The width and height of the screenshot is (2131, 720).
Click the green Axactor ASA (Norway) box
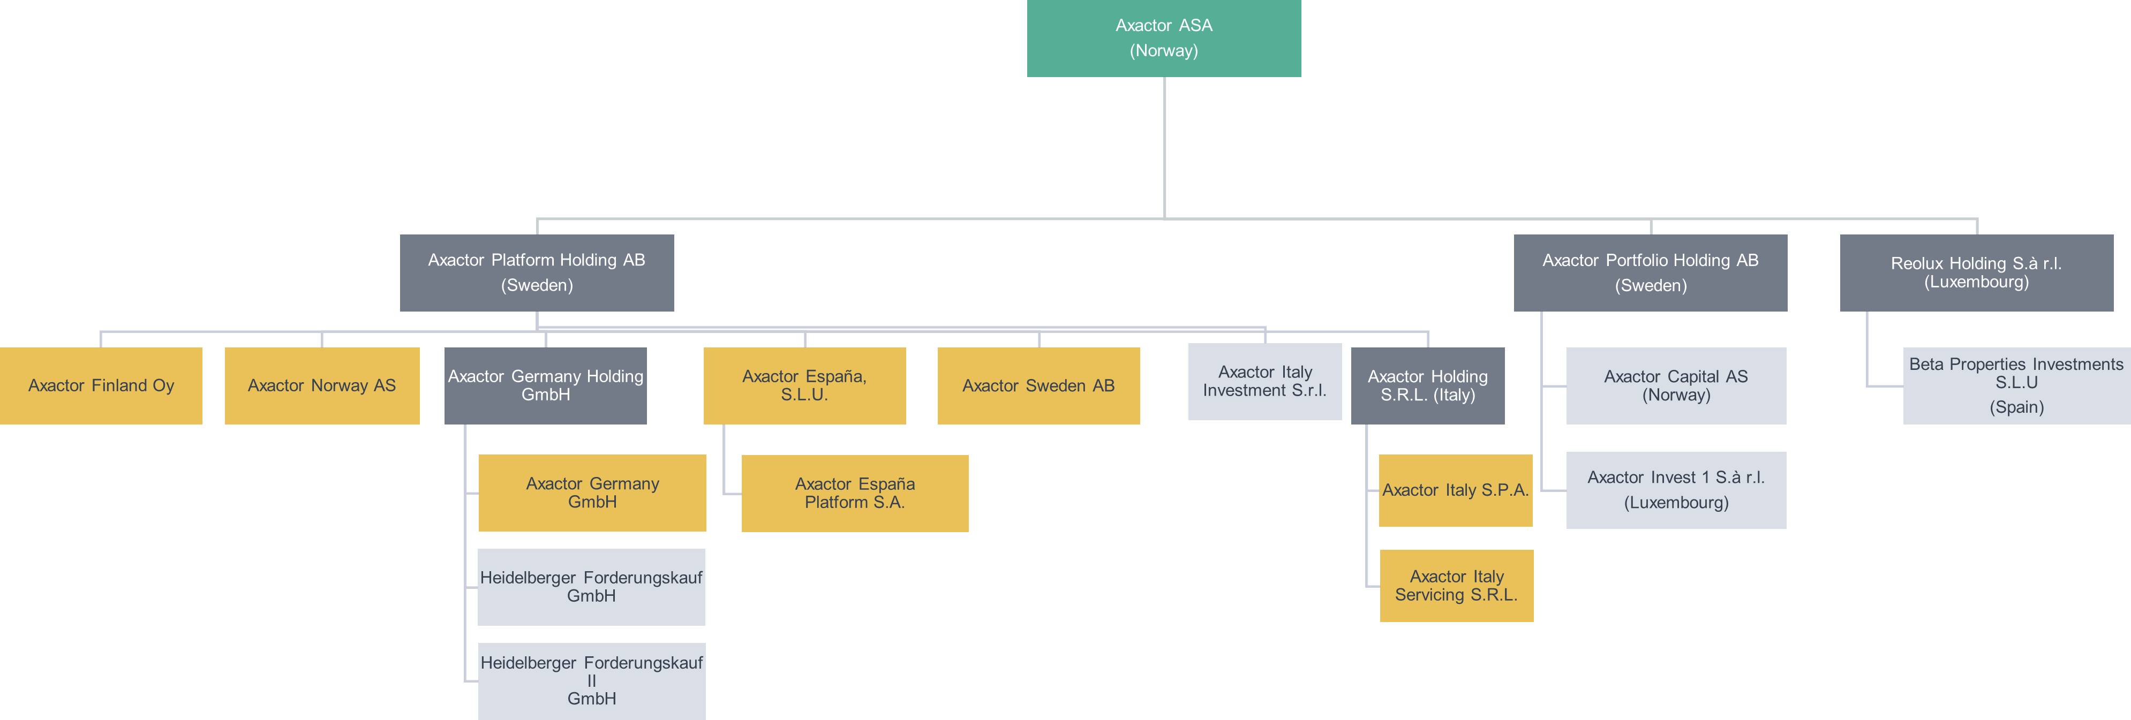point(1163,38)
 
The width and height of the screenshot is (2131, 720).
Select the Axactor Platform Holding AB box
point(536,273)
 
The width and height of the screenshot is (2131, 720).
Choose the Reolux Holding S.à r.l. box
point(1976,273)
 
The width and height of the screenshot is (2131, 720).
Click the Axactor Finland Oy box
point(101,385)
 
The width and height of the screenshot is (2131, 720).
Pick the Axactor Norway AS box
point(322,385)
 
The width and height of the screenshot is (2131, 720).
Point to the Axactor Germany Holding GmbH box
point(545,385)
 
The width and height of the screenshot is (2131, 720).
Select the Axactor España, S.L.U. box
point(804,385)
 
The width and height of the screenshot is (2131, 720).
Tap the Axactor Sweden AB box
point(1038,385)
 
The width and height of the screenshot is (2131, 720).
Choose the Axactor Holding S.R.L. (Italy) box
point(1427,385)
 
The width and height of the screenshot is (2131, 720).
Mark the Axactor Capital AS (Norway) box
point(1676,385)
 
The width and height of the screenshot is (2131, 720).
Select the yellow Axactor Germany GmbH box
point(592,492)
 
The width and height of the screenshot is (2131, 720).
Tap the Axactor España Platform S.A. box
point(855,492)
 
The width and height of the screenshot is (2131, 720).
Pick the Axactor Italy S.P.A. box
point(1455,490)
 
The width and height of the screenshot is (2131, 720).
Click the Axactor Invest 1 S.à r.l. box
point(1676,489)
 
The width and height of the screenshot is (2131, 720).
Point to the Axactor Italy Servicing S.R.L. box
point(1456,585)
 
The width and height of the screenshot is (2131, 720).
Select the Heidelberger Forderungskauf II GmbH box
point(591,681)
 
